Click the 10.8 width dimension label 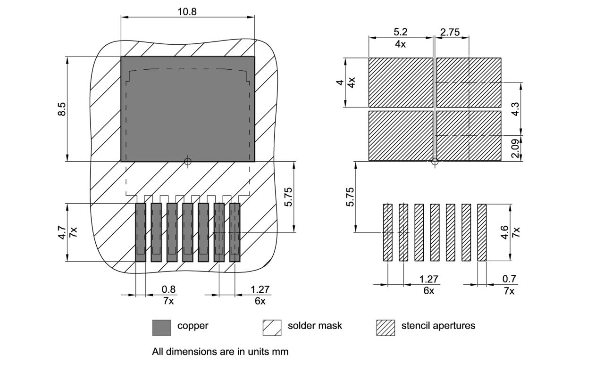tap(187, 12)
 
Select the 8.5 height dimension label tap(62, 109)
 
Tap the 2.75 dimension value tap(450, 32)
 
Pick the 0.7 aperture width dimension tap(509, 279)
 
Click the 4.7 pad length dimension tap(62, 232)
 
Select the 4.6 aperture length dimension tap(505, 232)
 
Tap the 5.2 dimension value tap(400, 32)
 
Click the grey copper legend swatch tap(161, 328)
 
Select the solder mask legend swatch tap(272, 328)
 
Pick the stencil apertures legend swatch tap(386, 328)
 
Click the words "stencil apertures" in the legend tap(438, 325)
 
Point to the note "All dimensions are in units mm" tap(220, 351)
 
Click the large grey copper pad tap(187, 113)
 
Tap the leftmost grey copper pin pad tap(141, 232)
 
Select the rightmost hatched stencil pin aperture tap(482, 232)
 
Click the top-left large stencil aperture tap(400, 82)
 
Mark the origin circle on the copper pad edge tap(187, 162)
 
